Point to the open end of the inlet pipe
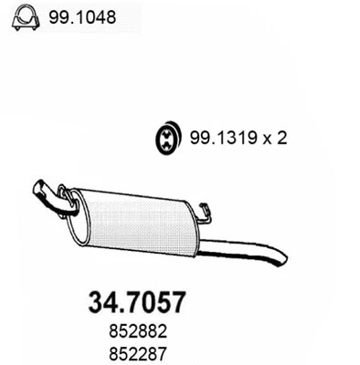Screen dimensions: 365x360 [x=39, y=188]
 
